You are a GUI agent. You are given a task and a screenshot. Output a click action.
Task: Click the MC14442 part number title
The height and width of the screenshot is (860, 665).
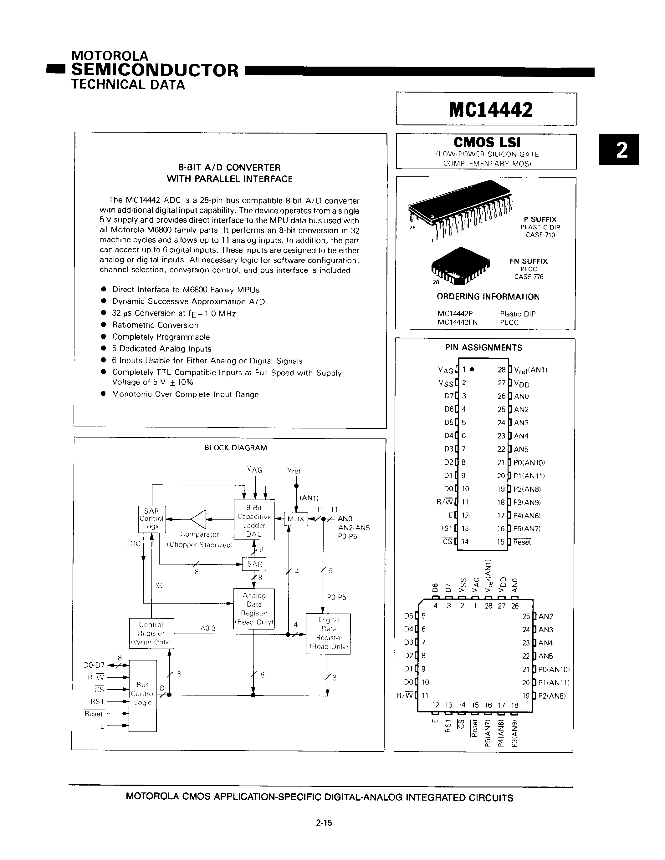[490, 109]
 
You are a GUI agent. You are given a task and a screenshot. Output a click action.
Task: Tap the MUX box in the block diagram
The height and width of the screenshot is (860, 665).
[295, 519]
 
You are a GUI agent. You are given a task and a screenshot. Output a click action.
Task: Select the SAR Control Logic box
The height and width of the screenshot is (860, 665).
[152, 519]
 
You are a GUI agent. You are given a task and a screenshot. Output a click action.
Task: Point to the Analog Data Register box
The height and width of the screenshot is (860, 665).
[254, 608]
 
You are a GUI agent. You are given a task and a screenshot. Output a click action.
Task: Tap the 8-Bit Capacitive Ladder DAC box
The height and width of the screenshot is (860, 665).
[254, 519]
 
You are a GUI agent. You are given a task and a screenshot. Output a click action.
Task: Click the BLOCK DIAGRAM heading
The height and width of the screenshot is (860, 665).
[236, 448]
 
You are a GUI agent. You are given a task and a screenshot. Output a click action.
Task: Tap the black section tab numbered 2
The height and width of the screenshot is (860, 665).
[618, 149]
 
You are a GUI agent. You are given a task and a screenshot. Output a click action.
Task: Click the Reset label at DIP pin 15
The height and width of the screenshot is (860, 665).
[522, 542]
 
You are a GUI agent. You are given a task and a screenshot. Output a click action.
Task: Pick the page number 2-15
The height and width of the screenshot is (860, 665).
[324, 822]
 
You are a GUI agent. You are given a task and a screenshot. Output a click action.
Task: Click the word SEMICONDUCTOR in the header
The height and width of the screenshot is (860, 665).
[155, 70]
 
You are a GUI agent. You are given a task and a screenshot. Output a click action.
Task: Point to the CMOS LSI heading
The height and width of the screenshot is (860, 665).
[487, 142]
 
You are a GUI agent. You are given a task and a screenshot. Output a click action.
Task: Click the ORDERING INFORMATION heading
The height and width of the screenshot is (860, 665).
[488, 296]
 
